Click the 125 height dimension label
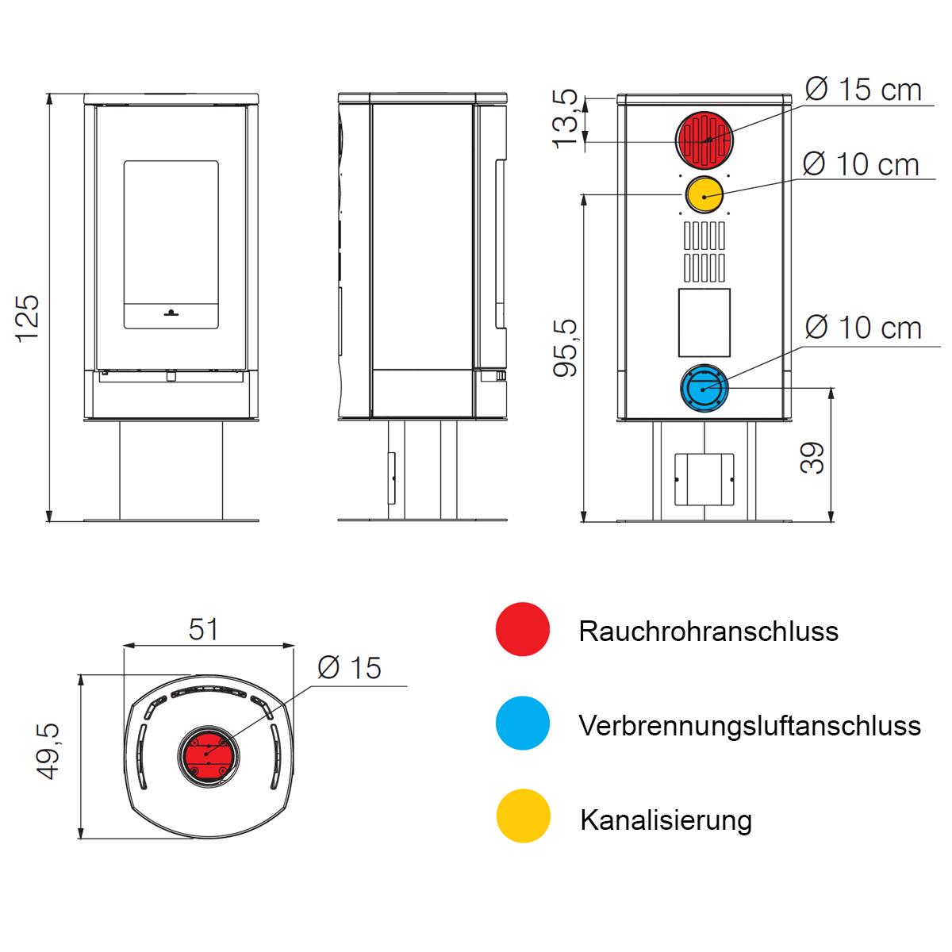28,318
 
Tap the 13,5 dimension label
565,118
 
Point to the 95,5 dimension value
565,347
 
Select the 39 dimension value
812,458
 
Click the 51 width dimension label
203,629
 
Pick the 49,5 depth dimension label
49,752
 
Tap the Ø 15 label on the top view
349,668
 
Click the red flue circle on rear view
704,140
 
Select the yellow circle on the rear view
704,195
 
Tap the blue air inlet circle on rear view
704,388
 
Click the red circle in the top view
208,757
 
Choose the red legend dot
522,629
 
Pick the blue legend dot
522,723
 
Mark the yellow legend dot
523,816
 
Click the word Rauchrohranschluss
708,631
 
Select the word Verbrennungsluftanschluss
750,726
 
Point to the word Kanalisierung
666,820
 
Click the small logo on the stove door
171,313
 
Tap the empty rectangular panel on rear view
704,323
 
